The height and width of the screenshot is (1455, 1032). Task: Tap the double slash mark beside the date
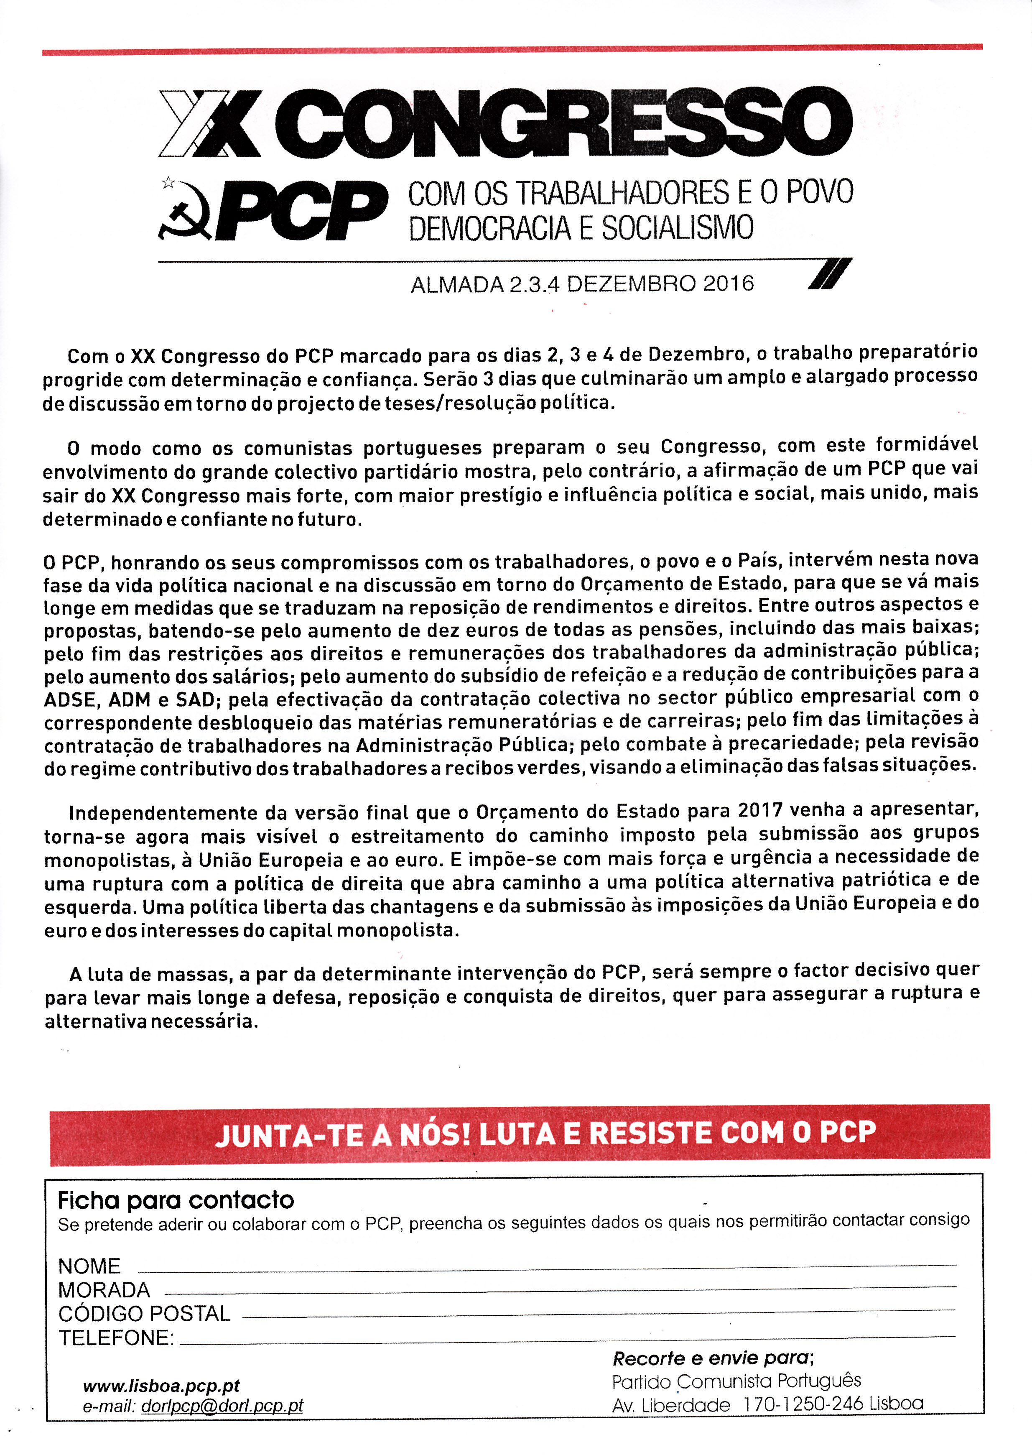(829, 274)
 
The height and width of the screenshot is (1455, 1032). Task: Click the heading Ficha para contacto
(176, 1200)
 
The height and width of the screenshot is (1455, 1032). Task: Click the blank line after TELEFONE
(566, 1339)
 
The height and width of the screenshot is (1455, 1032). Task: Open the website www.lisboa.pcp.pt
(161, 1386)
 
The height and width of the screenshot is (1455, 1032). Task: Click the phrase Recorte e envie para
(712, 1359)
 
